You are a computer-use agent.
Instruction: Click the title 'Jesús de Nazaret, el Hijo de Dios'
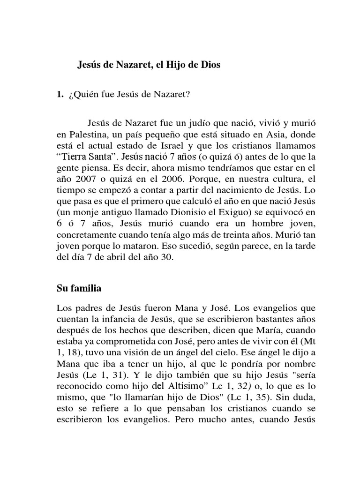click(x=149, y=66)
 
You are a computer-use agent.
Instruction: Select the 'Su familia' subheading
click(x=79, y=289)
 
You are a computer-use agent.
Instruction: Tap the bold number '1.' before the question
click(x=60, y=94)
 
